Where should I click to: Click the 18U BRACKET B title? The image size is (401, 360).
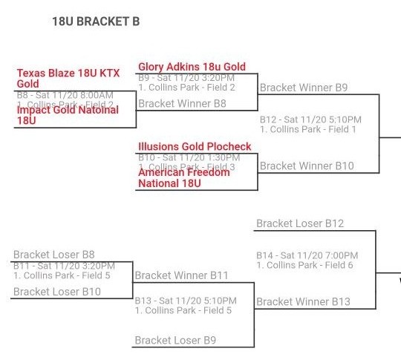95,22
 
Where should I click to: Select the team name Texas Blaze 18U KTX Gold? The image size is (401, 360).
68,79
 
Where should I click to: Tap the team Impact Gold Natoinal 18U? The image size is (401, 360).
67,115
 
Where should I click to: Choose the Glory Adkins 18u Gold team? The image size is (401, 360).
192,67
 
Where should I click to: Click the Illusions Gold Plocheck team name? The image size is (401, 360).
195,147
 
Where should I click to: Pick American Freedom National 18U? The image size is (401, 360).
183,178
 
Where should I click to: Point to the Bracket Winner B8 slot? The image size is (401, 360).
182,104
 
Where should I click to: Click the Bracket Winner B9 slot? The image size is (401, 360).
303,88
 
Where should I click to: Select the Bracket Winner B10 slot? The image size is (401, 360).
306,166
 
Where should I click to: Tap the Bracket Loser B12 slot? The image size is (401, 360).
300,223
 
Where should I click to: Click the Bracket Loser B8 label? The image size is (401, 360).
53,255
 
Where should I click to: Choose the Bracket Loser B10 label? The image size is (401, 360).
56,292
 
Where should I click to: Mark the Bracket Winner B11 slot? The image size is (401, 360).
181,275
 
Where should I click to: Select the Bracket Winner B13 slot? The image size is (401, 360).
303,301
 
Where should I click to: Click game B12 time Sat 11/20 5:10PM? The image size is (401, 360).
310,120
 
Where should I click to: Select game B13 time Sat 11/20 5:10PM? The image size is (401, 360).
186,301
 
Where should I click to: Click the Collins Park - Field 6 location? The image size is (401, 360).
305,265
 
